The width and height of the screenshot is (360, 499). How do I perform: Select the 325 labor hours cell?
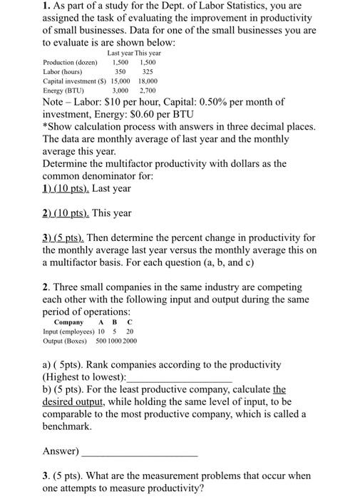(147, 72)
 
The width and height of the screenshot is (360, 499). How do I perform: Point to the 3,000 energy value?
(120, 91)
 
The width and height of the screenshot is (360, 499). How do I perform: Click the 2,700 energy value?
(148, 91)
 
